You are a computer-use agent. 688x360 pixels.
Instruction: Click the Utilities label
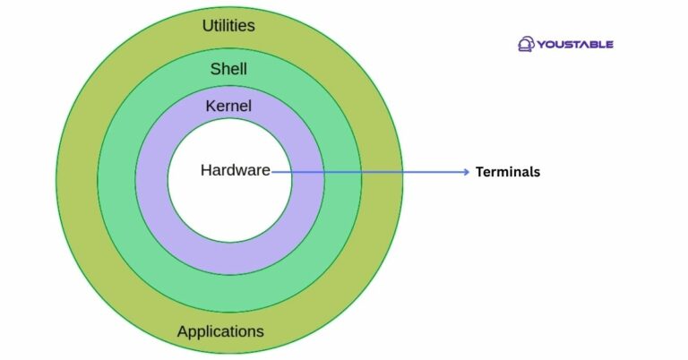coord(228,25)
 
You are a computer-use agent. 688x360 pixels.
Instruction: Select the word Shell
coord(228,69)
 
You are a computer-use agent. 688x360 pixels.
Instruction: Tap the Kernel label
coord(228,106)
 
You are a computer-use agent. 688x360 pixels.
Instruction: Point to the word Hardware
coord(235,170)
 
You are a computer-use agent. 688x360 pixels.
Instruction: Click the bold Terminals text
coord(508,172)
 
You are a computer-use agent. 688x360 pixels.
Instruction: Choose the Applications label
coord(220,331)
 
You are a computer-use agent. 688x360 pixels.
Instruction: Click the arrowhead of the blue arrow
coord(466,172)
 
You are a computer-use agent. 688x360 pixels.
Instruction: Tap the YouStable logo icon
coord(526,43)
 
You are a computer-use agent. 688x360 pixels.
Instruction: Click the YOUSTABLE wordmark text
coord(576,44)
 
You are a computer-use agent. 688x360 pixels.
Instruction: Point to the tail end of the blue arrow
coord(272,172)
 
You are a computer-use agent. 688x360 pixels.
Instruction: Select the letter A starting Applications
coord(183,331)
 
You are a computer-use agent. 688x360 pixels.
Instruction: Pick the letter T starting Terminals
coord(479,172)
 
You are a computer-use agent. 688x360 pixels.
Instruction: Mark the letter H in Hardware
coord(206,170)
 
